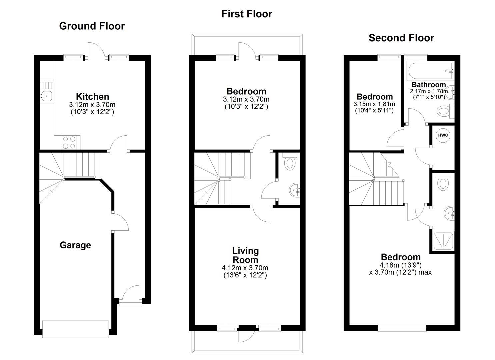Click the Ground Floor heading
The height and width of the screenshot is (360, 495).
tap(92, 26)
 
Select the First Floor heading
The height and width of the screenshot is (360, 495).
tap(247, 14)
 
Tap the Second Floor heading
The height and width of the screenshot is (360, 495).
tap(401, 38)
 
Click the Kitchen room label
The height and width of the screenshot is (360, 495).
tap(92, 97)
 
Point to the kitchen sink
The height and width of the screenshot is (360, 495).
tap(46, 96)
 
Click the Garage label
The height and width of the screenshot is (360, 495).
tap(75, 245)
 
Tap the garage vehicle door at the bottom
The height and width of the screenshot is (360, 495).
tap(75, 329)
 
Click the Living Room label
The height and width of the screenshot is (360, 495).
tap(245, 255)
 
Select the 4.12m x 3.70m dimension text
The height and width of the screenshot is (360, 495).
tap(245, 268)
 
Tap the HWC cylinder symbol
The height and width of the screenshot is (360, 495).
tap(443, 136)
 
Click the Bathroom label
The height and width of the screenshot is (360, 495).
tap(428, 85)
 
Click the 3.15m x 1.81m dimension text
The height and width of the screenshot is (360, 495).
tap(374, 104)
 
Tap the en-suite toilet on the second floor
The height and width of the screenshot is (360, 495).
tap(443, 183)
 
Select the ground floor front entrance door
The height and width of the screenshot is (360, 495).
tap(130, 295)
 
